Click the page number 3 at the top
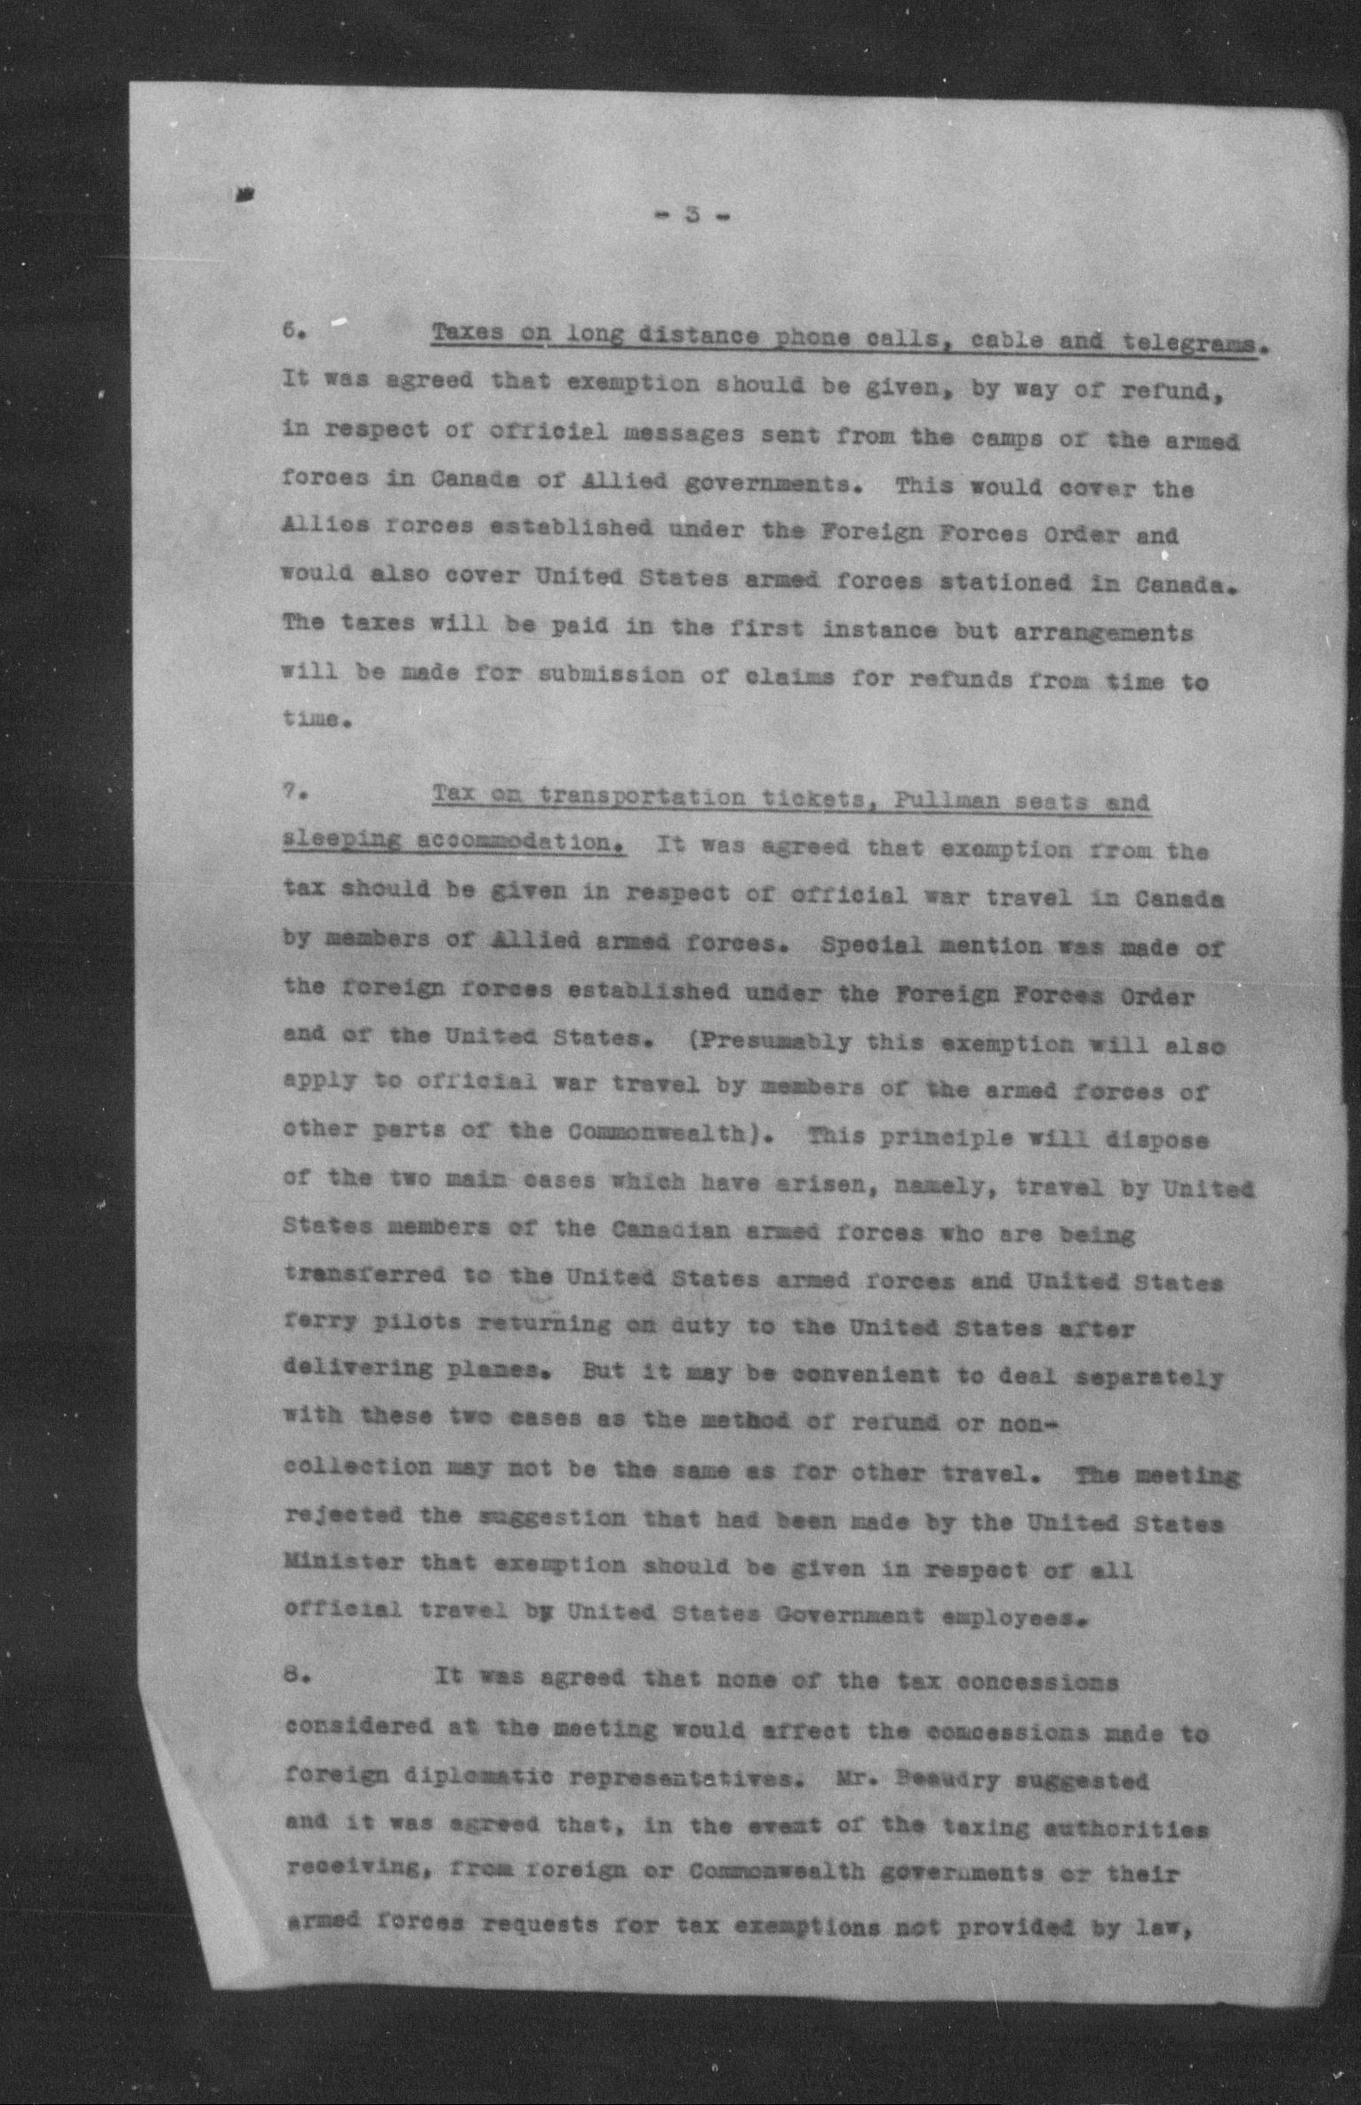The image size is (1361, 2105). [695, 215]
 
